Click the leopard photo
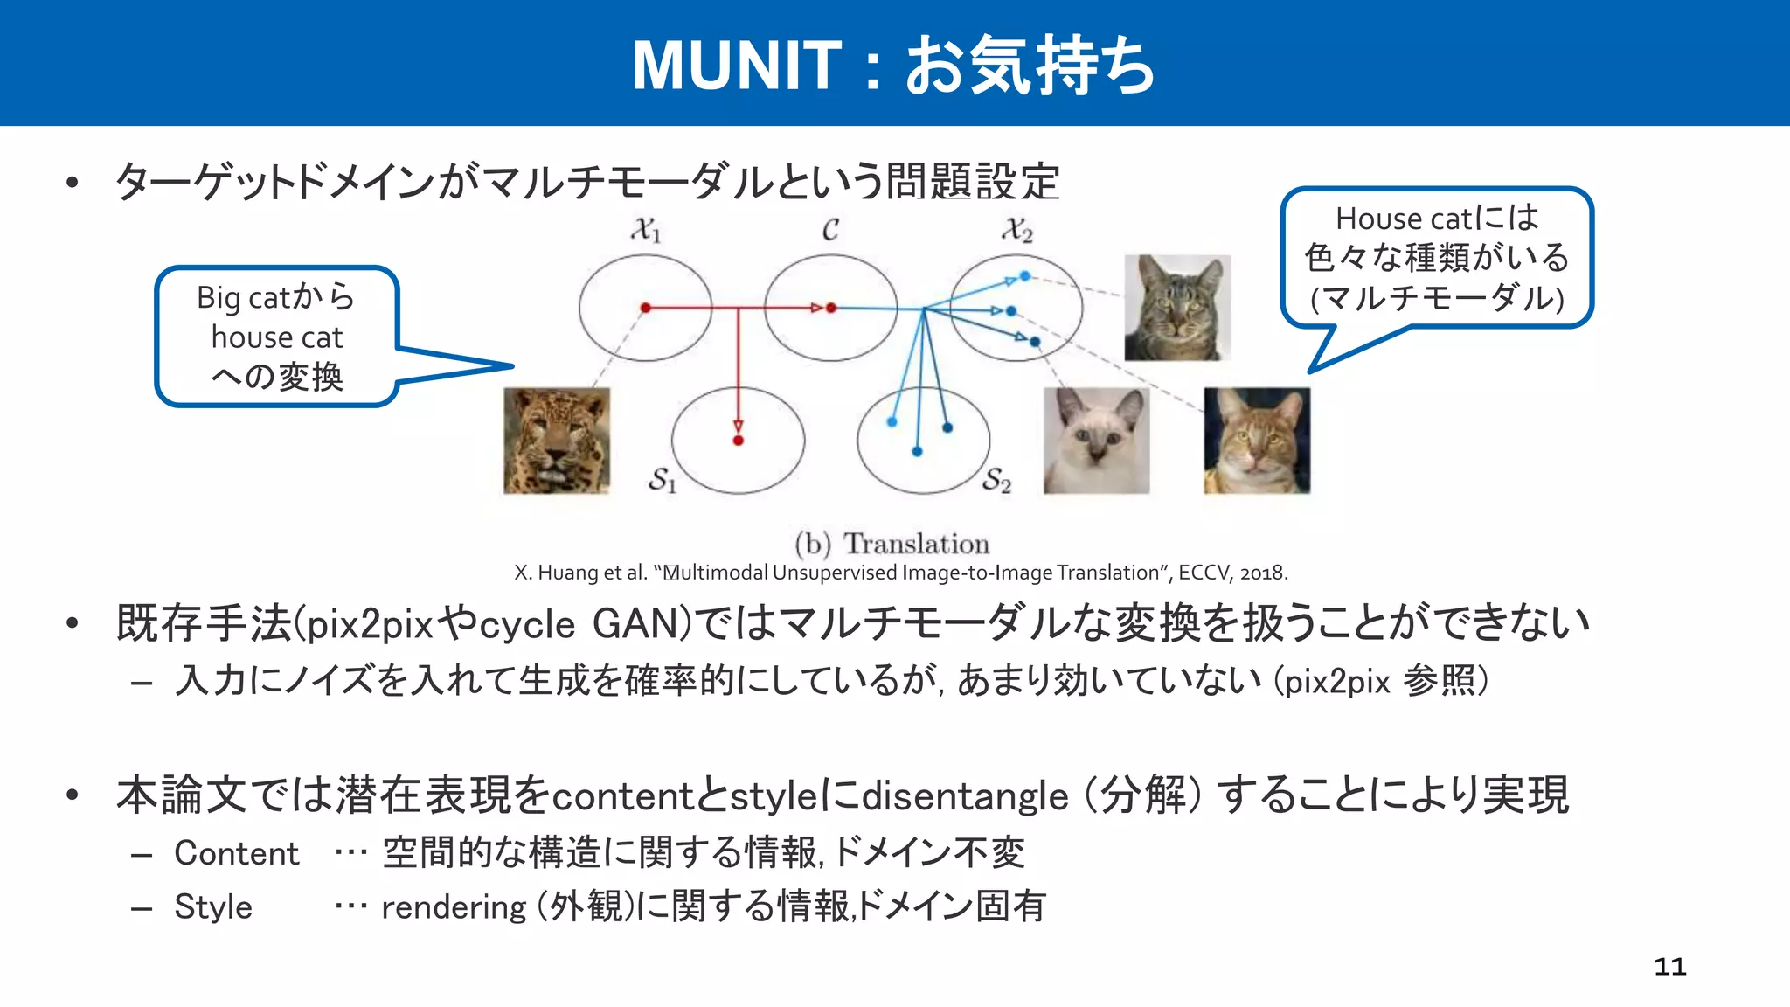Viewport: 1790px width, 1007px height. pos(557,441)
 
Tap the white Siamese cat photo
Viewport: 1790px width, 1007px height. pos(1096,441)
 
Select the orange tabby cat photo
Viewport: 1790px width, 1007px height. pos(1257,441)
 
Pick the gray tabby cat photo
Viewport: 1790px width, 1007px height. pos(1177,308)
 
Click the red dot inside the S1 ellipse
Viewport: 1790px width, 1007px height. pos(739,440)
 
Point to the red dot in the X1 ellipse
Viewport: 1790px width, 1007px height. pos(645,308)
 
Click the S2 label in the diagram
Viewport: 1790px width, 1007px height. pos(996,480)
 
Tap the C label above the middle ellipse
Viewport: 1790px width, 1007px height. pos(830,229)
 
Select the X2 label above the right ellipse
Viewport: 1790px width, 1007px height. pos(1017,230)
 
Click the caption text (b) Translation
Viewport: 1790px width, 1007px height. pos(892,544)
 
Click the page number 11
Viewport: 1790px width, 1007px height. pos(1669,966)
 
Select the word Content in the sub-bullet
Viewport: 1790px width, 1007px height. pos(236,853)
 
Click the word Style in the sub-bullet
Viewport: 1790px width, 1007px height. pos(212,906)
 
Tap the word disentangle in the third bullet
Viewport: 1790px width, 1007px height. pos(965,796)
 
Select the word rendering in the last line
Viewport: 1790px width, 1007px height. pos(454,907)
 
